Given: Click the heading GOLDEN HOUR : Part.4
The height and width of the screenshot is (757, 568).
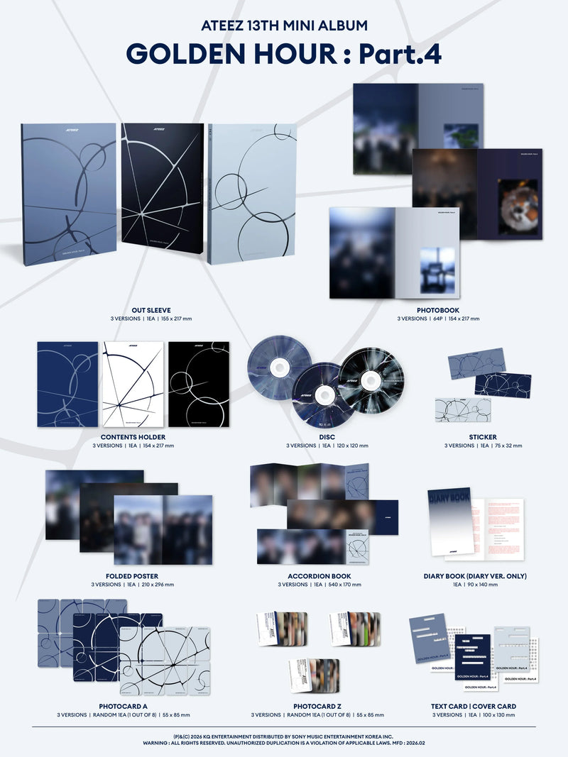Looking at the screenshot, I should pyautogui.click(x=283, y=55).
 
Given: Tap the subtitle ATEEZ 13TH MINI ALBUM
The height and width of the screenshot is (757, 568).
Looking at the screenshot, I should pyautogui.click(x=283, y=26).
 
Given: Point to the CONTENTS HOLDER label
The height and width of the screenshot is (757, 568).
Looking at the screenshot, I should pyautogui.click(x=133, y=436).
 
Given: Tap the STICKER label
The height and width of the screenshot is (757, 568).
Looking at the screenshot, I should pyautogui.click(x=483, y=436).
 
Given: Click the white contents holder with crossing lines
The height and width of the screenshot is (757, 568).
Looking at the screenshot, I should pyautogui.click(x=133, y=384).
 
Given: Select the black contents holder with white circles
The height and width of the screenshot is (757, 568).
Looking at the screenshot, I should pyautogui.click(x=199, y=384).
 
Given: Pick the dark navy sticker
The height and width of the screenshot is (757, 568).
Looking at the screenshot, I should pyautogui.click(x=502, y=384).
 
